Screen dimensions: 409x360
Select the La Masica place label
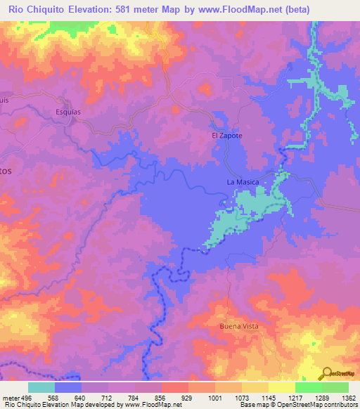coord(243,183)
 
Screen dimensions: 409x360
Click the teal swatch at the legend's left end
coord(41,387)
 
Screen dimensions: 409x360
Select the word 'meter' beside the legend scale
coord(11,397)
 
